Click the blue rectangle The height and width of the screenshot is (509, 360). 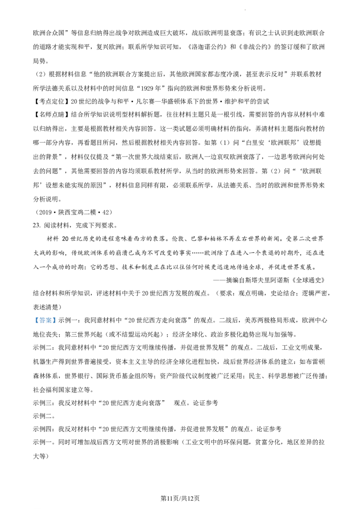pos(45,320)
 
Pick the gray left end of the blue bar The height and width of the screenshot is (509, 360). pos(33,320)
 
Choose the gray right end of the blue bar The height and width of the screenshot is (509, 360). pos(57,320)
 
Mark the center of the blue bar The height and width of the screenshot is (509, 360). pos(45,320)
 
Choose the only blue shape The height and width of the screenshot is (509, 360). pos(45,320)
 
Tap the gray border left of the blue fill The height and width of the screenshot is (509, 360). pos(33,320)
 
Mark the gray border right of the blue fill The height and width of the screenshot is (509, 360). pos(57,320)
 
